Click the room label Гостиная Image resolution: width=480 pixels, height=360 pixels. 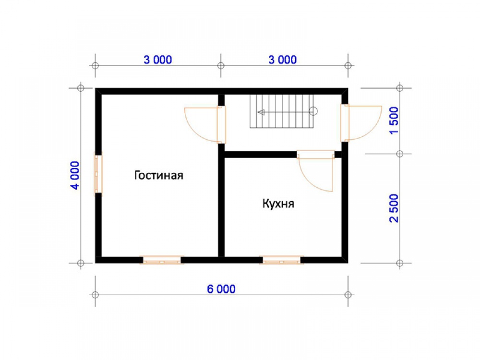(x=158, y=175)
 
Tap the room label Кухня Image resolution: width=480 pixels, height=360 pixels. (x=278, y=204)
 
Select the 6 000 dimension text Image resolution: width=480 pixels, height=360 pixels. (x=221, y=289)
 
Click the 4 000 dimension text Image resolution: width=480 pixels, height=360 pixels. (x=76, y=175)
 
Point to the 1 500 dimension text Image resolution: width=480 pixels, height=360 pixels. (x=394, y=120)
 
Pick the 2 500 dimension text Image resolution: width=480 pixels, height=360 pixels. (x=394, y=208)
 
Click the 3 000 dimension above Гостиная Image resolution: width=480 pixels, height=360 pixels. (x=157, y=60)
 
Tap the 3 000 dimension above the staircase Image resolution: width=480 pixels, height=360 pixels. (x=283, y=60)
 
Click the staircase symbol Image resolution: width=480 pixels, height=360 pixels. (x=282, y=111)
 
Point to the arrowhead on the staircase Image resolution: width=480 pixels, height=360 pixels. (x=261, y=112)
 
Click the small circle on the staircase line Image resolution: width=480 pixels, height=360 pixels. (x=313, y=111)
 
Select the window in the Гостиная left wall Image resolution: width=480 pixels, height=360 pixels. (x=98, y=174)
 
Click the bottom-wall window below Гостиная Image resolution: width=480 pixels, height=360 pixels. (x=162, y=260)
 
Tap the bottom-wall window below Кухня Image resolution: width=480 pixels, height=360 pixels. (x=282, y=260)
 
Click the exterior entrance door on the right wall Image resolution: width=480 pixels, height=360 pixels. (x=361, y=123)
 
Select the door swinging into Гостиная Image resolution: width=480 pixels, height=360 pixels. (x=205, y=125)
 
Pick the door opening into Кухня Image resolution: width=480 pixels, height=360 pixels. (x=316, y=170)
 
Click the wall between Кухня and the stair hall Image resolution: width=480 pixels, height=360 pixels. (x=261, y=155)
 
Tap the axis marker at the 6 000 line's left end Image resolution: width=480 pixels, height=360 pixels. (x=95, y=295)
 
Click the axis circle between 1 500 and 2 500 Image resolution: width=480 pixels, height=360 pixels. (x=399, y=154)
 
